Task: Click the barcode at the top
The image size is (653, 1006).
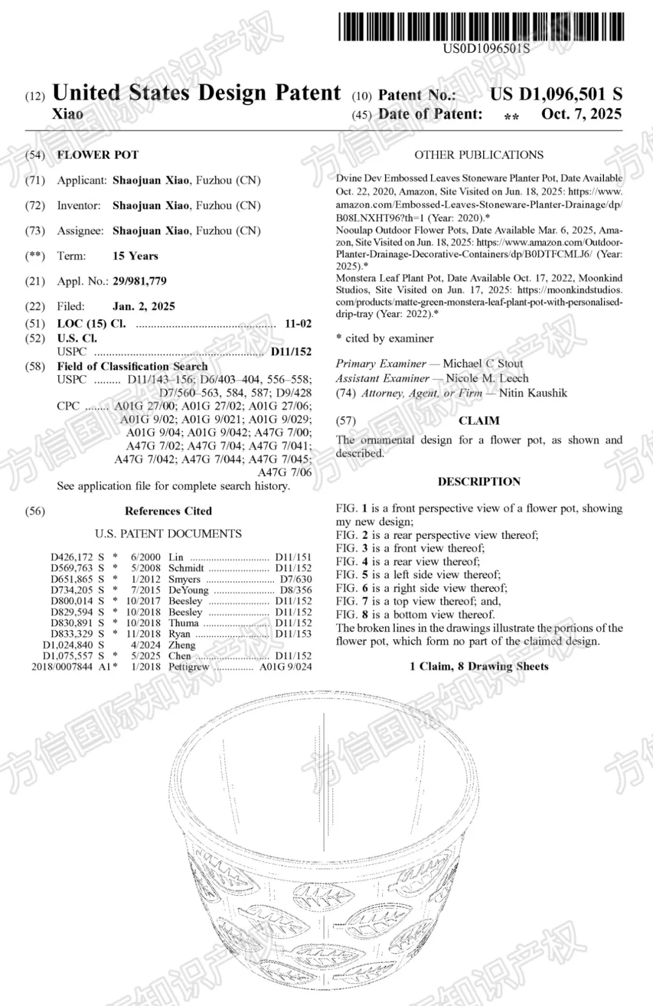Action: pyautogui.click(x=481, y=26)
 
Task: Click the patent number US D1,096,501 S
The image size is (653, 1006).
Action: pyautogui.click(x=556, y=94)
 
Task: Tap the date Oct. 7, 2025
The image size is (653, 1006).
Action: pyautogui.click(x=581, y=114)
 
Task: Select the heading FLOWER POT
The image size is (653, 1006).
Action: pyautogui.click(x=98, y=155)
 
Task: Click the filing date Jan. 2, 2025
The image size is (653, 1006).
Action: pyautogui.click(x=143, y=306)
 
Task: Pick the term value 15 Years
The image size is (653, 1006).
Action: pyautogui.click(x=135, y=256)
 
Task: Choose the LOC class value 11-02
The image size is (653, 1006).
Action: pyautogui.click(x=298, y=324)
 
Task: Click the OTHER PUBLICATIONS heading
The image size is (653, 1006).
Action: pyautogui.click(x=479, y=155)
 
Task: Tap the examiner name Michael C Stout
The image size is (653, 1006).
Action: pyautogui.click(x=482, y=364)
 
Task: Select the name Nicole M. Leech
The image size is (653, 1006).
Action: pyautogui.click(x=487, y=378)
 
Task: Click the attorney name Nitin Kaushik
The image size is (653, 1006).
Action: pyautogui.click(x=533, y=393)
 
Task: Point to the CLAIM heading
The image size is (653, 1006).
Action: pyautogui.click(x=479, y=420)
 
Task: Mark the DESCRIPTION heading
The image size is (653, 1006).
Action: pyautogui.click(x=479, y=482)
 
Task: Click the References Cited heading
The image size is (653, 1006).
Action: pyautogui.click(x=168, y=511)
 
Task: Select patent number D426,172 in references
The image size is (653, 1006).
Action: pyautogui.click(x=71, y=557)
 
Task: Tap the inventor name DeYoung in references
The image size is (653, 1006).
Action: pyautogui.click(x=188, y=590)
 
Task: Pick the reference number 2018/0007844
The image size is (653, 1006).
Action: pyautogui.click(x=62, y=666)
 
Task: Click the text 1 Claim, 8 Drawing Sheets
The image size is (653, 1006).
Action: pyautogui.click(x=479, y=666)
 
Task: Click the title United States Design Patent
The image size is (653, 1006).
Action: pyautogui.click(x=197, y=93)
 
